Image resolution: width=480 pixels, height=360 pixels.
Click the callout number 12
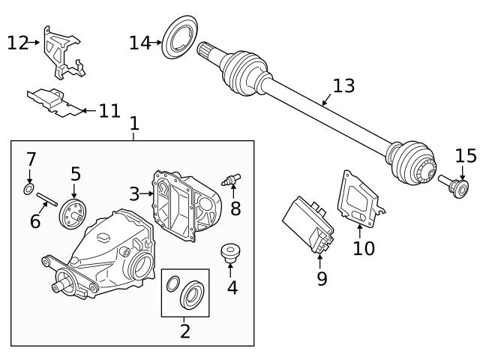coord(17,43)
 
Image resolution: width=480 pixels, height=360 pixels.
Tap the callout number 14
coord(139,43)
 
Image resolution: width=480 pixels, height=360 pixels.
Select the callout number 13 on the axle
coord(343,85)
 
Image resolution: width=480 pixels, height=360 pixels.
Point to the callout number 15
coord(466,156)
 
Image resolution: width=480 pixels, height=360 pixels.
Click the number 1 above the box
coord(134,122)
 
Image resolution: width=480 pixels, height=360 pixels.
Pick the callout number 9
coord(322,278)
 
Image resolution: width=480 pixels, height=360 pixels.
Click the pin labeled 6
coord(46,201)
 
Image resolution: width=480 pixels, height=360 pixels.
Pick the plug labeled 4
coord(229,252)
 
